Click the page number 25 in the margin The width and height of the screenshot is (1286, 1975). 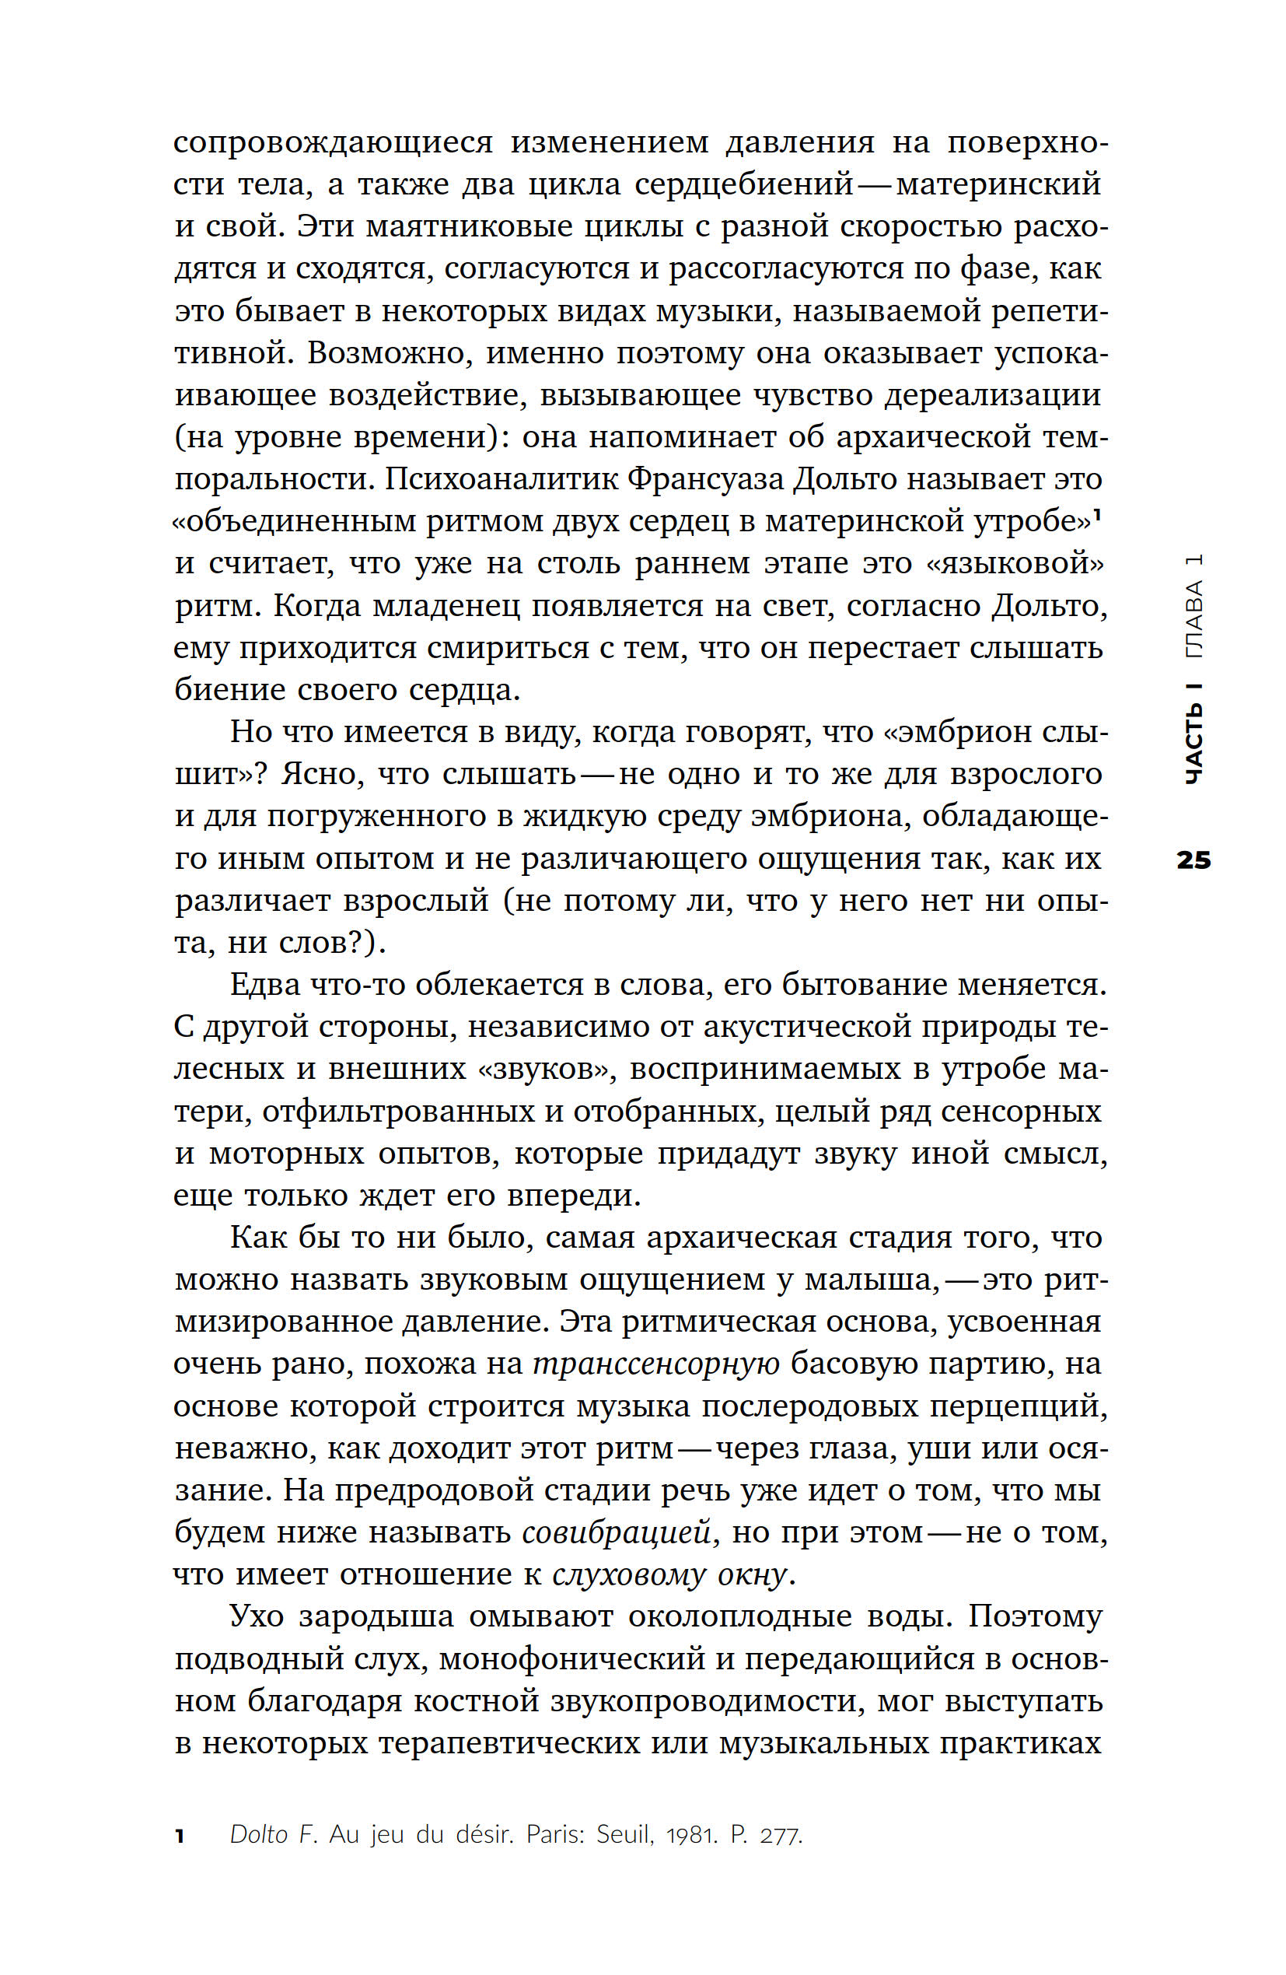[x=1193, y=860]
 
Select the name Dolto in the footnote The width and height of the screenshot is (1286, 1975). [x=258, y=1836]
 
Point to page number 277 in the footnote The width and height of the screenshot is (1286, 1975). [x=780, y=1836]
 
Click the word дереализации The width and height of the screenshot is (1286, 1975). [x=991, y=395]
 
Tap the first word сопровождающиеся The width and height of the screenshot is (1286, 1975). [x=333, y=142]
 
